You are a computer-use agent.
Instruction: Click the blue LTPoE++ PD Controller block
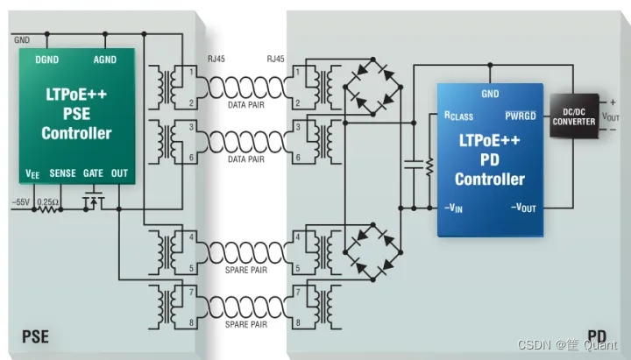coord(489,159)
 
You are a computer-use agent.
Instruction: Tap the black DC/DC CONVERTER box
coord(573,116)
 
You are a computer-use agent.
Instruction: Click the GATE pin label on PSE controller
coord(93,173)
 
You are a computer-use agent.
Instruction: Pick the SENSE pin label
coord(62,173)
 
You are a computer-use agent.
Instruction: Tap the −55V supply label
coord(21,202)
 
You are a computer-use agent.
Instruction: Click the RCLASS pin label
coord(459,116)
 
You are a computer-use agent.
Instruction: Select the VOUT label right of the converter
coord(612,117)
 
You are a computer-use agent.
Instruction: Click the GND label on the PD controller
coord(490,94)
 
